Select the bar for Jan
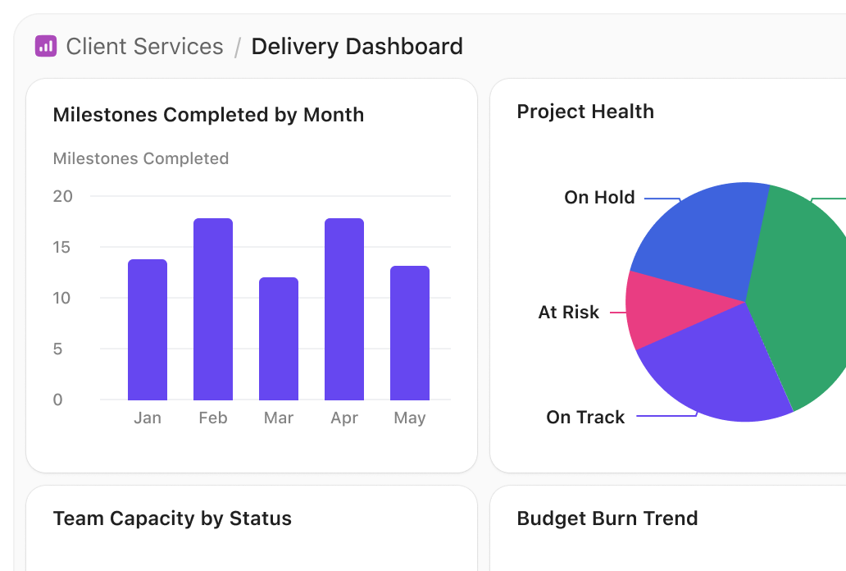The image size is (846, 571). [x=148, y=330]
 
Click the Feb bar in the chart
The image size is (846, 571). [x=213, y=309]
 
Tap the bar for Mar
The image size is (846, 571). [x=279, y=339]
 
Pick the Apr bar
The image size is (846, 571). [x=344, y=309]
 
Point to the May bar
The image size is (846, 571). [x=410, y=333]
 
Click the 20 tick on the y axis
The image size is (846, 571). [x=63, y=196]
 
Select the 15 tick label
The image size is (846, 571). [x=63, y=247]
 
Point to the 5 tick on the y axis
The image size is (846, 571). [x=57, y=349]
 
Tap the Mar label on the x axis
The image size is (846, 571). [x=279, y=418]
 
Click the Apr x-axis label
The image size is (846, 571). [x=344, y=418]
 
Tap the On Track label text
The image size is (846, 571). [x=585, y=417]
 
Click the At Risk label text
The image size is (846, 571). [x=568, y=312]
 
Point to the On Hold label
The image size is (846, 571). [x=599, y=197]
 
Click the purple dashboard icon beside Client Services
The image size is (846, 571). [x=45, y=46]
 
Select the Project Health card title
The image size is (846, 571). [x=585, y=112]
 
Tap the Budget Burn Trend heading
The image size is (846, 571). [x=607, y=518]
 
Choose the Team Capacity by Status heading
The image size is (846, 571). [x=172, y=518]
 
